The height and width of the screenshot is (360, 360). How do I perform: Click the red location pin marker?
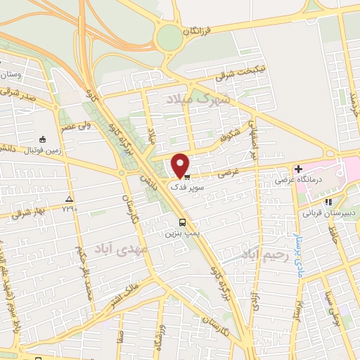point(181,166)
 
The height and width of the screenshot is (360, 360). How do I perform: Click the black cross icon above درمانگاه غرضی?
point(299,169)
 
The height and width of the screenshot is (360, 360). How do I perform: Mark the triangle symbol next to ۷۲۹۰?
point(68,199)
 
